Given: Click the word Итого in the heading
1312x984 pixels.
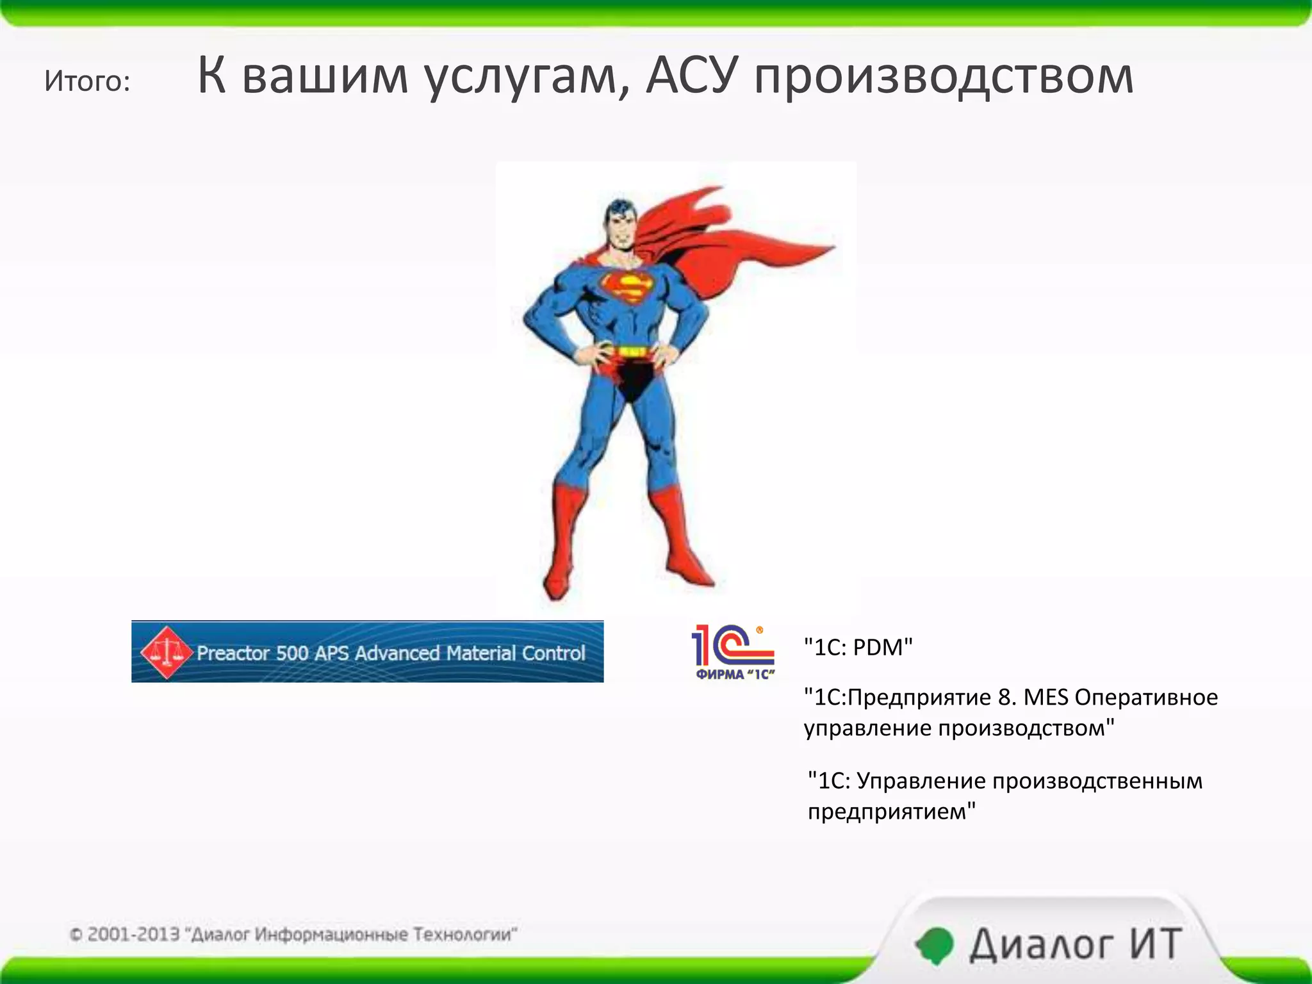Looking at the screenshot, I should (x=86, y=81).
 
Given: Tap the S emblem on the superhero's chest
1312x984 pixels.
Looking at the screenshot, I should (x=627, y=288).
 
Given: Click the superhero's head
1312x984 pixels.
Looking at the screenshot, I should (x=619, y=224).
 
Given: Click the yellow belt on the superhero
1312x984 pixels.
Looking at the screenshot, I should (x=631, y=351).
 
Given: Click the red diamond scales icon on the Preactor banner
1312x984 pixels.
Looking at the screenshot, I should (x=166, y=652).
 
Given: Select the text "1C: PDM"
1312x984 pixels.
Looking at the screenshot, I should (x=858, y=647).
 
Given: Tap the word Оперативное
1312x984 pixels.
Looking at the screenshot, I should (x=1146, y=697).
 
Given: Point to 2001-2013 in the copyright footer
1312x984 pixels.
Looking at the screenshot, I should (x=133, y=934).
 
